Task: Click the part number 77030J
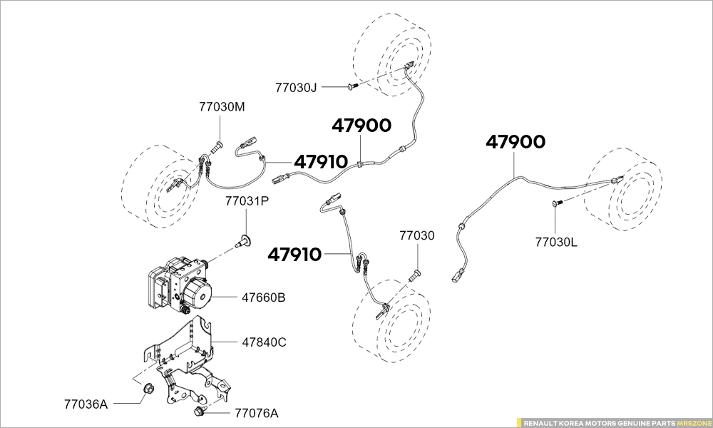[296, 87]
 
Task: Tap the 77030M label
[222, 107]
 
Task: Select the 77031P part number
[247, 200]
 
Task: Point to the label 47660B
[263, 298]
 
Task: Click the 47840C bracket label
[264, 342]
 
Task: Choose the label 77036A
[86, 404]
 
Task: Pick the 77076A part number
[257, 414]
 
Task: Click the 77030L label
[556, 243]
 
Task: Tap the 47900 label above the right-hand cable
[515, 143]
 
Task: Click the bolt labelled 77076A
[200, 412]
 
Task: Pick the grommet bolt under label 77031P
[244, 242]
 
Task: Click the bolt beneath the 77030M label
[217, 148]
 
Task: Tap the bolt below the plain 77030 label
[414, 275]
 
